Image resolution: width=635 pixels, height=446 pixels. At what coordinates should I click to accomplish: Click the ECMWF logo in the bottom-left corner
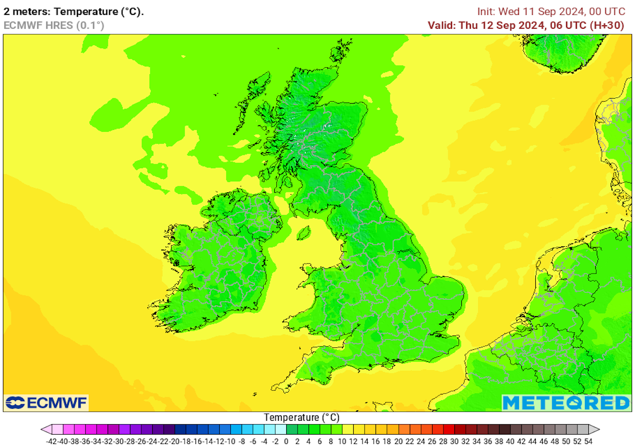coord(46,403)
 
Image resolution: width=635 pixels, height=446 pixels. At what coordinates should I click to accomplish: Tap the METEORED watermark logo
coord(566,402)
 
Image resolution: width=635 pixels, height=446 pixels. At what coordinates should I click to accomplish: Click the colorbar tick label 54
coord(589,441)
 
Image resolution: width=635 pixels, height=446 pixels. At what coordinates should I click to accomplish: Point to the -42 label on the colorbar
coord(51,441)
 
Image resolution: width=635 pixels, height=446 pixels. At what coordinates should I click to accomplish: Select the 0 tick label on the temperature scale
coord(287,441)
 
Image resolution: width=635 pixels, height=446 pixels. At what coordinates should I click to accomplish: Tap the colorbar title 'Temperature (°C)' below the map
coord(302,418)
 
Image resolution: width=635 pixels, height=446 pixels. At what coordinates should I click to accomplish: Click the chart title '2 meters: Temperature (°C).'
coord(73,12)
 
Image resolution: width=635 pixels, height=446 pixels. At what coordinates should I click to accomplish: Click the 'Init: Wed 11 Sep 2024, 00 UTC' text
coord(551,12)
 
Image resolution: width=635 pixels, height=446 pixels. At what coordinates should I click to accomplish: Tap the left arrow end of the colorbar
coord(45,429)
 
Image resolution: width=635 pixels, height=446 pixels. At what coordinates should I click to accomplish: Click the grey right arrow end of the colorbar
coord(595,429)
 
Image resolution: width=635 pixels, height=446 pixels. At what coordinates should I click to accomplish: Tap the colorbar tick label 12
coord(354,441)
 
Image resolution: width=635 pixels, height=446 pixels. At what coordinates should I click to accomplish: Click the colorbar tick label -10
coord(230,441)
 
